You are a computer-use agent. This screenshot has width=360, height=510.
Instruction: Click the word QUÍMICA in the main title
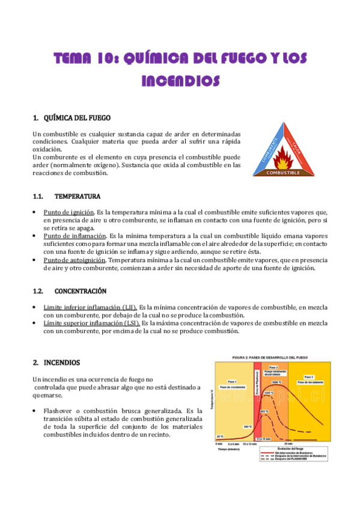pyautogui.click(x=147, y=58)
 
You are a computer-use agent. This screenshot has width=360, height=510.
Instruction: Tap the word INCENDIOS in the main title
pyautogui.click(x=180, y=80)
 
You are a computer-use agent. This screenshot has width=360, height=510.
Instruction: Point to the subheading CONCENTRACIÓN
pyautogui.click(x=81, y=291)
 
